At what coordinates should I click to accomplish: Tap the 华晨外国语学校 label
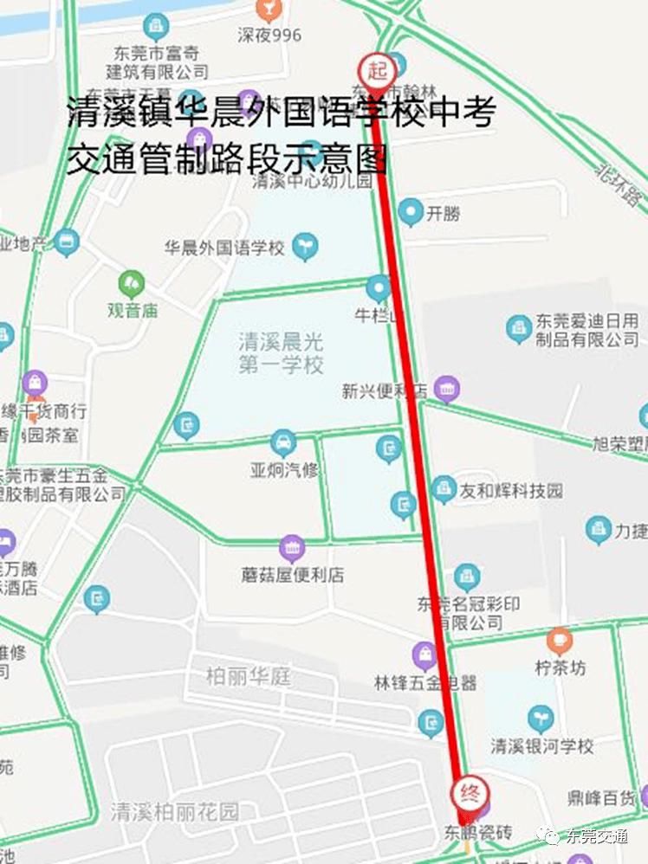click(224, 248)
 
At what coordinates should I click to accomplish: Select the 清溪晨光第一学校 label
click(281, 353)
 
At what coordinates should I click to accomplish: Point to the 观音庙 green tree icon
click(132, 282)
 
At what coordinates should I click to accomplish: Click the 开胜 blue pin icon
click(411, 212)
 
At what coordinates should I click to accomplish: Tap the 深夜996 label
click(269, 35)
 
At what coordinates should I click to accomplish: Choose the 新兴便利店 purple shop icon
click(447, 389)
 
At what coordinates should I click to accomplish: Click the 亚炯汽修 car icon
click(282, 443)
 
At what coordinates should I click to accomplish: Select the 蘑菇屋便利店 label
click(293, 575)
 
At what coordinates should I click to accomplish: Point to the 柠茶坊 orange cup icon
click(560, 642)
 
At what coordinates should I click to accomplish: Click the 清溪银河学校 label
click(542, 745)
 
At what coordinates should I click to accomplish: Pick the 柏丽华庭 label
click(249, 676)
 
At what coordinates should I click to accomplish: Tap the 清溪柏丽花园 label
click(174, 812)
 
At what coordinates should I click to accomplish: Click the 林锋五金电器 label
click(425, 683)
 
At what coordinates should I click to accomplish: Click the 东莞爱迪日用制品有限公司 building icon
click(518, 327)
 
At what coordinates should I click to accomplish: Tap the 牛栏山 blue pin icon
click(379, 288)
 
